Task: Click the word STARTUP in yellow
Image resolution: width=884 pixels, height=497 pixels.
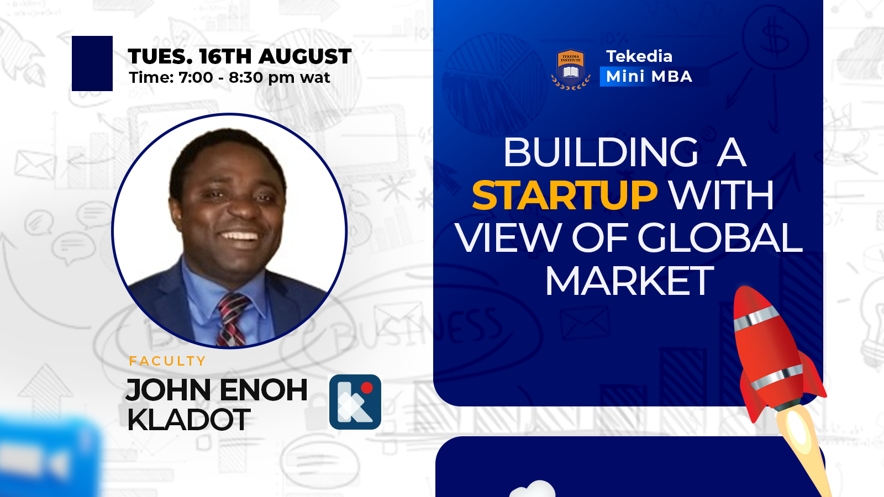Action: click(564, 195)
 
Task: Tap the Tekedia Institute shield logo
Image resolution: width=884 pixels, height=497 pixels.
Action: click(571, 69)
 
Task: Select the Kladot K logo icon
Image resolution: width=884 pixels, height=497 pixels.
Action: click(355, 401)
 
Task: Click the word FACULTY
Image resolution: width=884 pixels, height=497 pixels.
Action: click(167, 361)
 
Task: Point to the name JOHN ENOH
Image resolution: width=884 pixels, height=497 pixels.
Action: click(216, 390)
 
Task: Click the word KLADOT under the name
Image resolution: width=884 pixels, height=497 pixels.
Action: click(188, 419)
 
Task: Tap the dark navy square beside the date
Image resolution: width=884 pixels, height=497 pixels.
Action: click(92, 64)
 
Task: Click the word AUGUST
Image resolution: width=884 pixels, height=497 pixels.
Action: click(305, 56)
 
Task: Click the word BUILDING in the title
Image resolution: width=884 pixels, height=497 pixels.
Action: click(601, 152)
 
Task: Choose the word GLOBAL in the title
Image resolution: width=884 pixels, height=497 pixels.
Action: click(720, 237)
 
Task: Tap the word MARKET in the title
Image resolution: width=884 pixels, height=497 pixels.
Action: click(629, 281)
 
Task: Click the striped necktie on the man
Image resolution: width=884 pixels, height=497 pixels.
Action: click(232, 320)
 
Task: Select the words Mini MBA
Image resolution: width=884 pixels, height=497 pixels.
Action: click(649, 77)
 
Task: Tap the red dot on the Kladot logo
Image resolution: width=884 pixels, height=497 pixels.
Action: click(367, 388)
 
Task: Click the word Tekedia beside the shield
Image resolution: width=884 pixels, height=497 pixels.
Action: click(639, 56)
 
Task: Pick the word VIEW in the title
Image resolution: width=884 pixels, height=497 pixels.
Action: click(508, 237)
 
